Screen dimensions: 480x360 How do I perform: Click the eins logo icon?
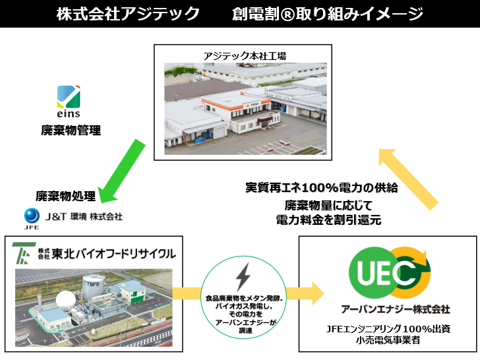pos(69,97)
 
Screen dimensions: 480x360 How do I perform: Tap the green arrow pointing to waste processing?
pos(123,171)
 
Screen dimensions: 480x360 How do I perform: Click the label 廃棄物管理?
pos(71,131)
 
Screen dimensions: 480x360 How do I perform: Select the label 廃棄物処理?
pos(65,196)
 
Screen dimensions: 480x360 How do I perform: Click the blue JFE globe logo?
pos(32,216)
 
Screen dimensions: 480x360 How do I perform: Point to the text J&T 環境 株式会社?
pos(84,217)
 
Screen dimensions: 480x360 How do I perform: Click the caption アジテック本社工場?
pos(245,56)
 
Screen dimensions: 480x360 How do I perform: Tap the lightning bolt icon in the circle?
pos(243,277)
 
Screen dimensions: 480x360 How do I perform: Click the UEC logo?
pos(390,273)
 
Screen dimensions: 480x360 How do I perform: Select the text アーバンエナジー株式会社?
pos(395,309)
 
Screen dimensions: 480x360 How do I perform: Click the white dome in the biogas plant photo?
pos(66,301)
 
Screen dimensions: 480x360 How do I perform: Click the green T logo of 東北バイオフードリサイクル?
pos(24,253)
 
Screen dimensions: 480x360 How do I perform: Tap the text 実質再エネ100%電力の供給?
pos(322,188)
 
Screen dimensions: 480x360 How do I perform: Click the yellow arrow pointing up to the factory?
pos(408,179)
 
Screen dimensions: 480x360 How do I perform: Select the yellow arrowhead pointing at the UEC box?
pos(317,293)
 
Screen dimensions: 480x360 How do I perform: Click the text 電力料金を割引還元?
pos(328,220)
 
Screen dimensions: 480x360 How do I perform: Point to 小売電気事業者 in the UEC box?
pos(388,340)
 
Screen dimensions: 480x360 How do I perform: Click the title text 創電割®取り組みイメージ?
pos(327,14)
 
